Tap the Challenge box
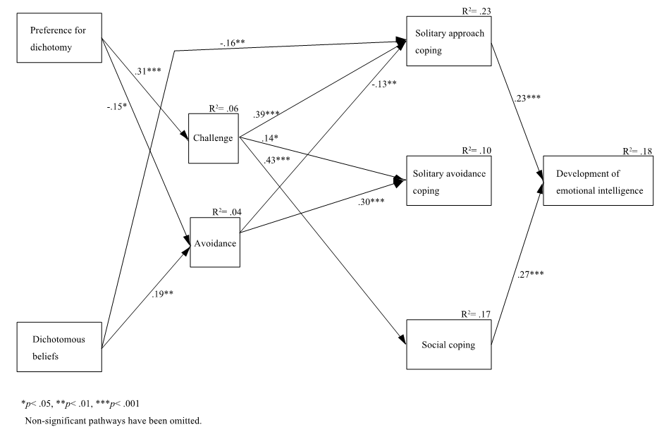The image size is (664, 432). (214, 137)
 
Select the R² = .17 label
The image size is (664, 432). (476, 315)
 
